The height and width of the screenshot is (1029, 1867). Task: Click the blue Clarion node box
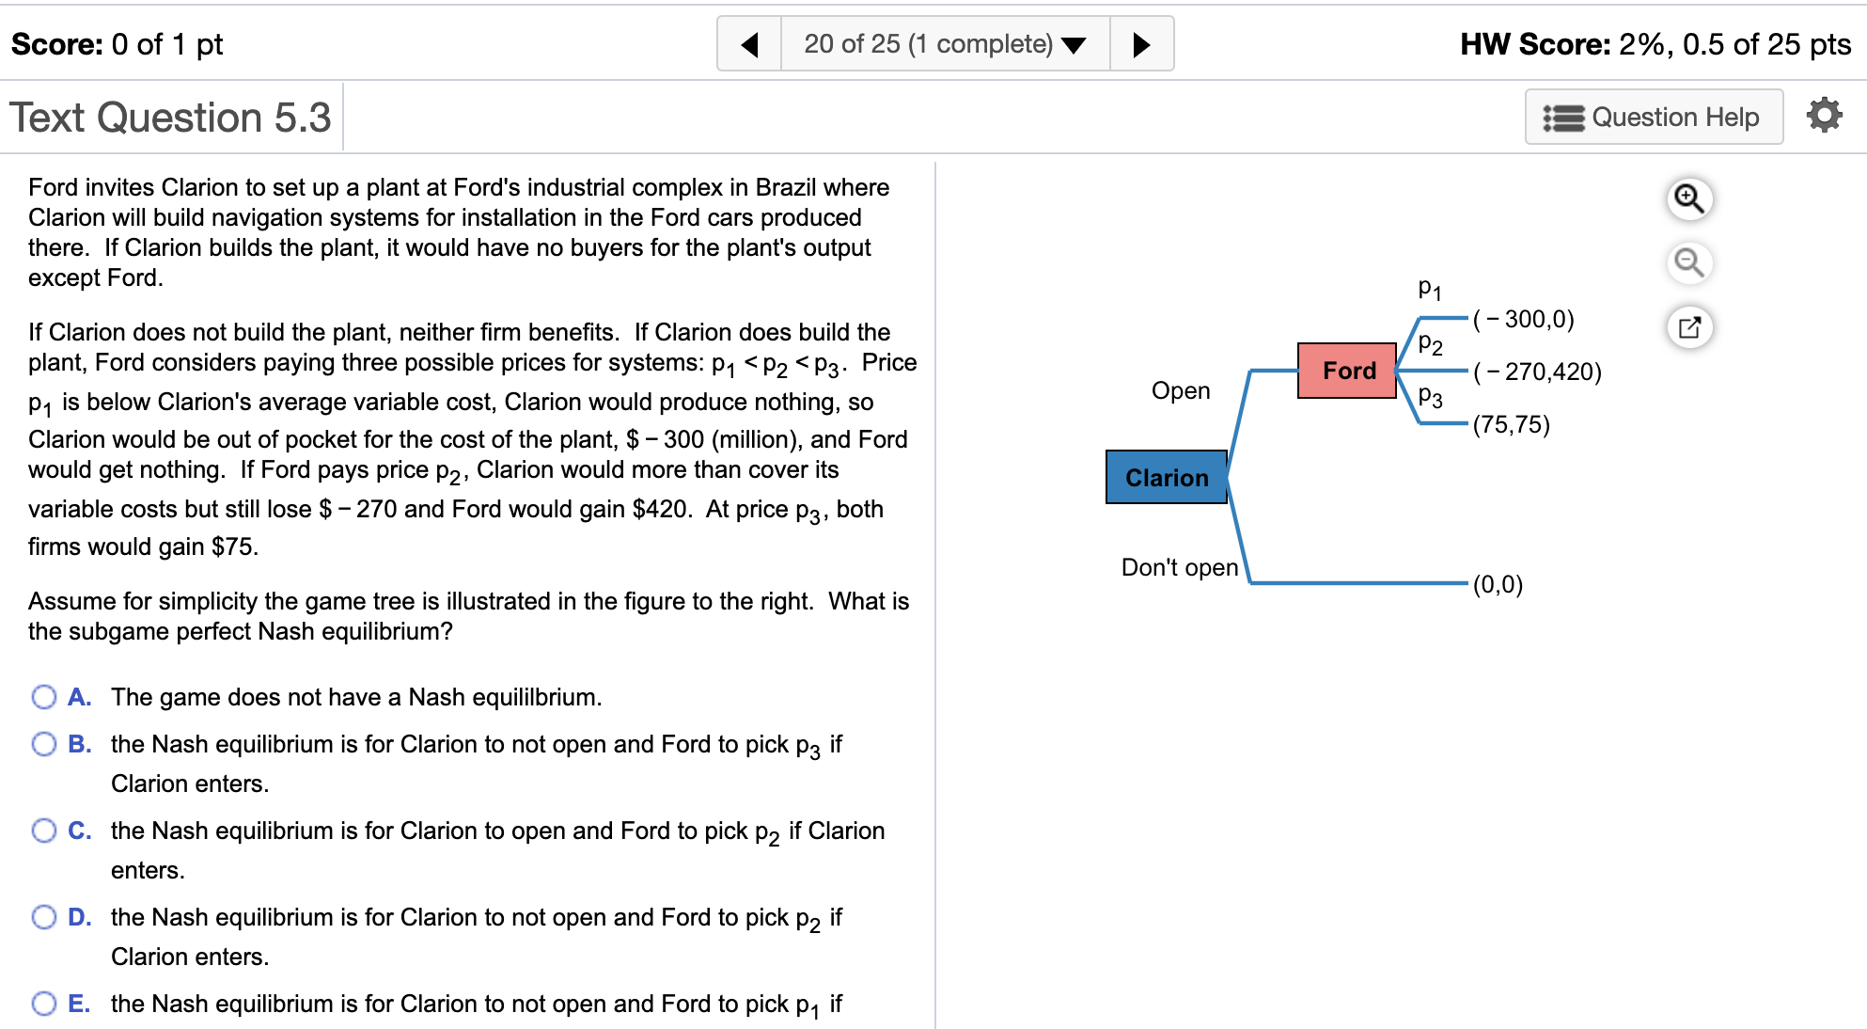pyautogui.click(x=1166, y=477)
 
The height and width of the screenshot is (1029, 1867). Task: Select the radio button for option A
pyautogui.click(x=44, y=697)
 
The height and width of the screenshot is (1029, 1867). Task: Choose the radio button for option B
pyautogui.click(x=44, y=744)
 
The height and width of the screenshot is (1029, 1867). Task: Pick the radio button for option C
pyautogui.click(x=44, y=831)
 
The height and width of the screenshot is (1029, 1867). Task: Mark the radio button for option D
pyautogui.click(x=44, y=917)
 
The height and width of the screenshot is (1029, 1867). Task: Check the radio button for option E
pyautogui.click(x=44, y=1004)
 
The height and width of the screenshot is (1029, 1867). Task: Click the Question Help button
pyautogui.click(x=1653, y=118)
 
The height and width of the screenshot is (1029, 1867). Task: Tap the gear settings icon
pyautogui.click(x=1824, y=116)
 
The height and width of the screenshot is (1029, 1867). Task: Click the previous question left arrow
pyautogui.click(x=749, y=44)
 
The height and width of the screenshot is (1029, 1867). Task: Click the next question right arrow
pyautogui.click(x=1141, y=44)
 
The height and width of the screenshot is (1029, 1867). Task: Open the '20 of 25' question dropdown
pyautogui.click(x=945, y=44)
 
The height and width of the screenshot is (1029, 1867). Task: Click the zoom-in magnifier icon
pyautogui.click(x=1689, y=199)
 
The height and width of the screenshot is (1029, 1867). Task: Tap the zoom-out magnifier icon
pyautogui.click(x=1689, y=262)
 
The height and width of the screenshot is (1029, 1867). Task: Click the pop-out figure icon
pyautogui.click(x=1689, y=327)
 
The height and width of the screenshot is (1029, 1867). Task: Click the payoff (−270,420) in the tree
pyautogui.click(x=1537, y=372)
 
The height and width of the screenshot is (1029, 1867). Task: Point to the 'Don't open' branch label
pyautogui.click(x=1179, y=567)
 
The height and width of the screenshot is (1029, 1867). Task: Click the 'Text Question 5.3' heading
pyautogui.click(x=170, y=118)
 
